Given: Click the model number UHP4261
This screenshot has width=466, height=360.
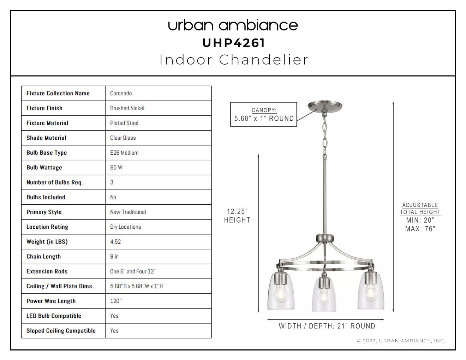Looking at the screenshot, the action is [234, 43].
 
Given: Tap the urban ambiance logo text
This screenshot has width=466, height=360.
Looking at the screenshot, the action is [233, 25].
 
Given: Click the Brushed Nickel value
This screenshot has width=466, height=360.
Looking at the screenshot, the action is [127, 108].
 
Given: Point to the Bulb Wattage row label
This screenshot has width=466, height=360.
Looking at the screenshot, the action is [44, 167].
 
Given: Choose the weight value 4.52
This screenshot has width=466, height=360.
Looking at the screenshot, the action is [115, 242].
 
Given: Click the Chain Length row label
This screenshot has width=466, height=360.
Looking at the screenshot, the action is [43, 257].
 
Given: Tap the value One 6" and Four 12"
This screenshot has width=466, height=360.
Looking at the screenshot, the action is [133, 271].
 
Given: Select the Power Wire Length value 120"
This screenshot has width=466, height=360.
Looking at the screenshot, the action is [116, 301].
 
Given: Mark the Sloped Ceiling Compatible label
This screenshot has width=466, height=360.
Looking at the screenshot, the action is [61, 331].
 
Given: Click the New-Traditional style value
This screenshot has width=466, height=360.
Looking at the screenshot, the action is [128, 212].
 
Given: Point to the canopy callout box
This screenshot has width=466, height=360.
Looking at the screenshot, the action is [264, 114].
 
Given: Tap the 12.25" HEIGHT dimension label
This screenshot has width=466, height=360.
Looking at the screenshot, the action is [237, 216].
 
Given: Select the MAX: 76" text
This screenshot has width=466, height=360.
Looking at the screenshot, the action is [420, 229].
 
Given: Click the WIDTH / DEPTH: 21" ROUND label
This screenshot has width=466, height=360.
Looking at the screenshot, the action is [327, 326].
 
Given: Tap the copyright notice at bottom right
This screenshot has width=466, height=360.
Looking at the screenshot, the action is [401, 341].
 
